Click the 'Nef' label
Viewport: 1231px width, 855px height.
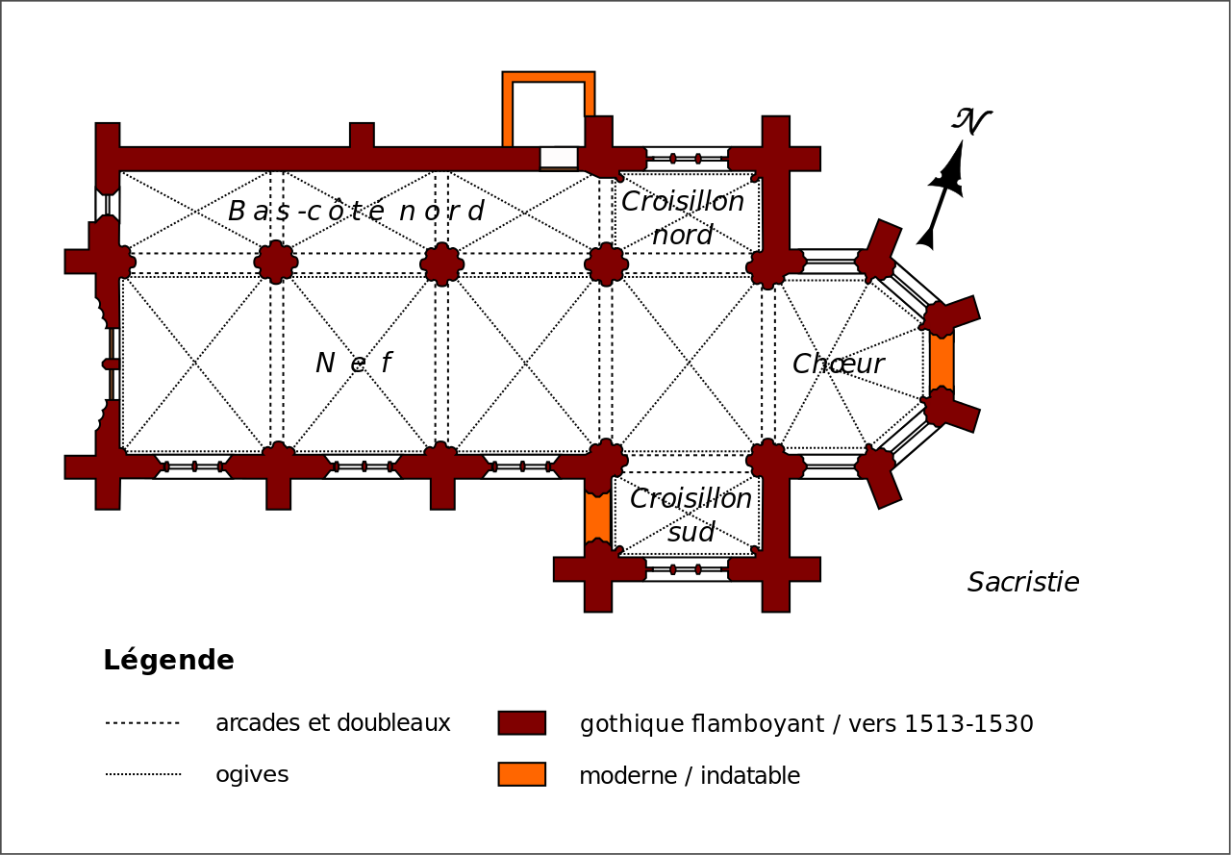click(x=354, y=364)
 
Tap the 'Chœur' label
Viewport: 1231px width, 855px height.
click(x=838, y=365)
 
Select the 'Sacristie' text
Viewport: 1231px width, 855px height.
click(x=1023, y=583)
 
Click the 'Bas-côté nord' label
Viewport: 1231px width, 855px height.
click(x=356, y=212)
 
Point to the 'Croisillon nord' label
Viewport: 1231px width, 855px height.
click(x=683, y=218)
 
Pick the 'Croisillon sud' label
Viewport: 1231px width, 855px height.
click(x=691, y=516)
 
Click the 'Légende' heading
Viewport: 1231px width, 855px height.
click(x=168, y=661)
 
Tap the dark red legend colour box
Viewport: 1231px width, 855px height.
click(x=521, y=723)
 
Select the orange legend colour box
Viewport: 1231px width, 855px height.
click(x=521, y=774)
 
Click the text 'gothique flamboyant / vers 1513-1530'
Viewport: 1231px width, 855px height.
click(x=806, y=724)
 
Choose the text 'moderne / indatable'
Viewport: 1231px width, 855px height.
click(x=689, y=776)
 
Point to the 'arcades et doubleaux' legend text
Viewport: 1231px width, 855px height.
click(x=333, y=723)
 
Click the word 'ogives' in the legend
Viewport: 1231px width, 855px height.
click(x=252, y=775)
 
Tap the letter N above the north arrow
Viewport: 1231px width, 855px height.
click(x=971, y=122)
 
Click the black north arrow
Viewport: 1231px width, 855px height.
click(x=943, y=192)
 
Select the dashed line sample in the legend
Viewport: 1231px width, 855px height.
click(x=142, y=723)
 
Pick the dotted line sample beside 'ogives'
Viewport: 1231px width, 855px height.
click(x=142, y=774)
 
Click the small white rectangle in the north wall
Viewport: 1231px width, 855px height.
click(x=559, y=157)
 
